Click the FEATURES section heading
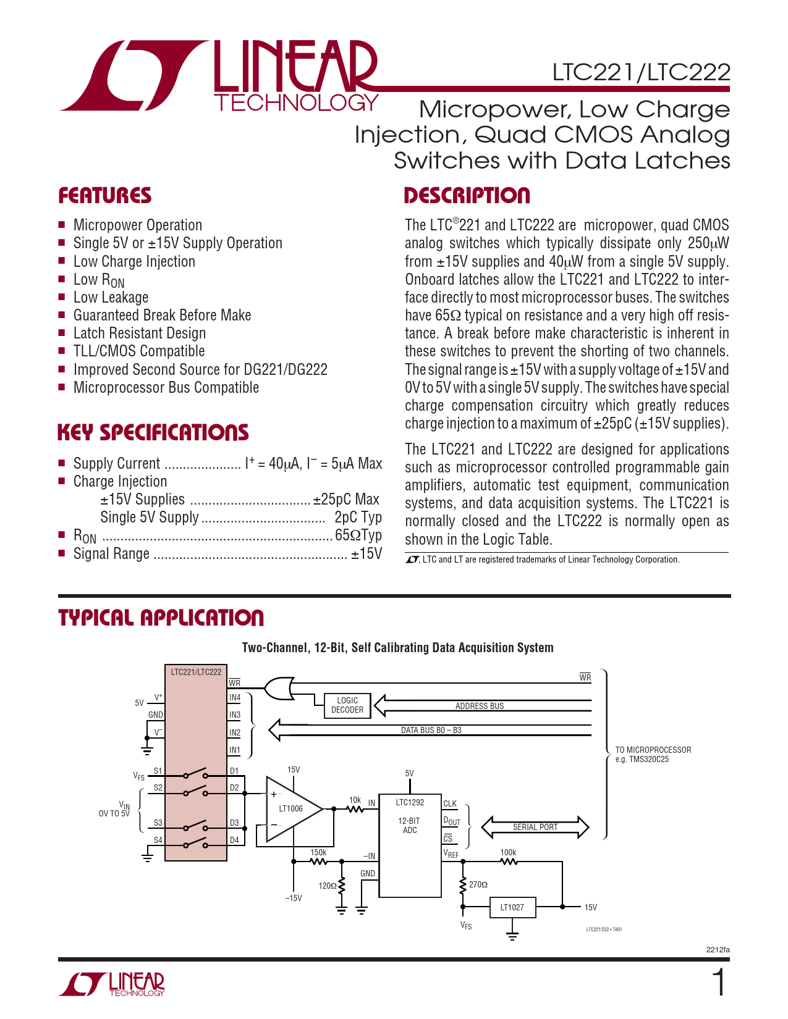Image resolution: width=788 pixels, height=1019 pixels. pos(104,196)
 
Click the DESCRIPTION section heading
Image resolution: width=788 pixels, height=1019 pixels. pos(467,196)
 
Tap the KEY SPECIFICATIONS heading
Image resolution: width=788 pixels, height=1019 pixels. pos(153,432)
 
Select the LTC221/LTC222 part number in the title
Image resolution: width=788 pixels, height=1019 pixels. pos(641,72)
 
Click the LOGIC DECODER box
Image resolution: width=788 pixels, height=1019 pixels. pos(347,705)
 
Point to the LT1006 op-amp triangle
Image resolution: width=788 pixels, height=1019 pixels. pos(290,808)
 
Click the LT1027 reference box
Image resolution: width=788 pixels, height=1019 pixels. pos(512,907)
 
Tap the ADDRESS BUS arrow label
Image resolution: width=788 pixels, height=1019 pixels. pos(480,706)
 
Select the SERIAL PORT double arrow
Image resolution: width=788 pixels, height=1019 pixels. pos(535,827)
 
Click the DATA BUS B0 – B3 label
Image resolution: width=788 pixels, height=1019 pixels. pos(431,730)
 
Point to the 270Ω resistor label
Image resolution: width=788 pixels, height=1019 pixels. pos(478,885)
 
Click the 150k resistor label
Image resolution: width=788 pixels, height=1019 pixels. pos(318,852)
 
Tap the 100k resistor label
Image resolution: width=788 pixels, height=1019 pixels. pos(508,852)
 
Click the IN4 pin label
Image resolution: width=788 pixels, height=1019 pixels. pos(235,698)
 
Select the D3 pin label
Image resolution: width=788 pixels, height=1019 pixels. pos(234,823)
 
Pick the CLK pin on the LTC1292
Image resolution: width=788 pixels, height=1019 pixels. pos(450,803)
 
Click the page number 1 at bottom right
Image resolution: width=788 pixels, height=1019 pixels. pos(719,983)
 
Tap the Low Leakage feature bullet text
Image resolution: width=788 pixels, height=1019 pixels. pos(111,297)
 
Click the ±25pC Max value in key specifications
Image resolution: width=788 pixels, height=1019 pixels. pos(346,499)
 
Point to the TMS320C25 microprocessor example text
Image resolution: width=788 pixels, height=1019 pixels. pos(642,760)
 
